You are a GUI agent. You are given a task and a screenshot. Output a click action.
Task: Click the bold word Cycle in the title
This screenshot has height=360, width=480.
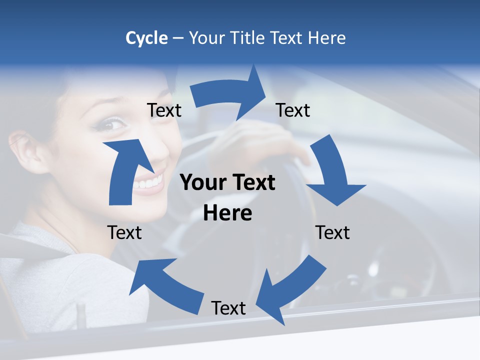click(146, 38)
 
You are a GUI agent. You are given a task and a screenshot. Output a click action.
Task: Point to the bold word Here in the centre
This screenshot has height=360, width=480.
click(227, 213)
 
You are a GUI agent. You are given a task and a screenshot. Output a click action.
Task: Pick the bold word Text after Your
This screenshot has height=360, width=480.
click(252, 183)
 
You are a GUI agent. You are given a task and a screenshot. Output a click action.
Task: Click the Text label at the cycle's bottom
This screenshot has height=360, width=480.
click(228, 308)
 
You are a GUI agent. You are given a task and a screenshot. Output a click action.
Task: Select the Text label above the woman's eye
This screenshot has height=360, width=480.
click(164, 110)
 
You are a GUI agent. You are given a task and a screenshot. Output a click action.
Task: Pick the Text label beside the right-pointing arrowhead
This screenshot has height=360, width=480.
click(293, 110)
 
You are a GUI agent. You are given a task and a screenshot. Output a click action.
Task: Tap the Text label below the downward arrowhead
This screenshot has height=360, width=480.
click(332, 232)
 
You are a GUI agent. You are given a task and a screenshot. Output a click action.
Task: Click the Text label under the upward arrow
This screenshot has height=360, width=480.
click(124, 232)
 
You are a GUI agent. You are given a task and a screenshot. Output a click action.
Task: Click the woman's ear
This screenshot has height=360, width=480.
click(26, 150)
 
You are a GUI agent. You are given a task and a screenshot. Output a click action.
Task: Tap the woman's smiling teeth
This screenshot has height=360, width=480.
click(150, 182)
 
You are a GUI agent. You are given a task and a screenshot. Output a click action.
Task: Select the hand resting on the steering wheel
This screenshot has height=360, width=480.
click(260, 145)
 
